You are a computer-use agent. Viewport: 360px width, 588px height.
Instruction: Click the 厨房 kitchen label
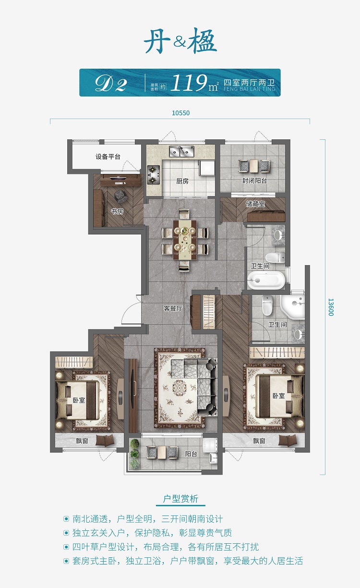(182, 181)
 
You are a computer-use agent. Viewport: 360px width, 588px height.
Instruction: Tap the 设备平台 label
(108, 157)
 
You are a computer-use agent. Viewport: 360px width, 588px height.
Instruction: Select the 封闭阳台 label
(254, 181)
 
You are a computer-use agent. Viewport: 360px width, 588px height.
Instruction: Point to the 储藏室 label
(255, 204)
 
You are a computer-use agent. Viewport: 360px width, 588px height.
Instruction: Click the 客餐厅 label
(173, 308)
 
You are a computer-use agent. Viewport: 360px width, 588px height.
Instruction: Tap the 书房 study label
(117, 211)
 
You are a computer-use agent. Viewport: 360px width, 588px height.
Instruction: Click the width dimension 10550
(180, 113)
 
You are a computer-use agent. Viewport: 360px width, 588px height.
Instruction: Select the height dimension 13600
(331, 307)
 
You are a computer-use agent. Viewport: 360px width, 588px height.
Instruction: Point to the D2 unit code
(111, 84)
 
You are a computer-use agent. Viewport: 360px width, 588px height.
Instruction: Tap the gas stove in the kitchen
(153, 174)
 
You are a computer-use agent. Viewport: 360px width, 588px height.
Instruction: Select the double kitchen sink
(181, 151)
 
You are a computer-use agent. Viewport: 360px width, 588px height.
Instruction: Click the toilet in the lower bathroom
(267, 305)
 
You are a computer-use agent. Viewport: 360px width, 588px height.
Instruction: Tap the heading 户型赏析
(180, 499)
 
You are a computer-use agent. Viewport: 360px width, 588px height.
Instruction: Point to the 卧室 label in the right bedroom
(278, 395)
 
